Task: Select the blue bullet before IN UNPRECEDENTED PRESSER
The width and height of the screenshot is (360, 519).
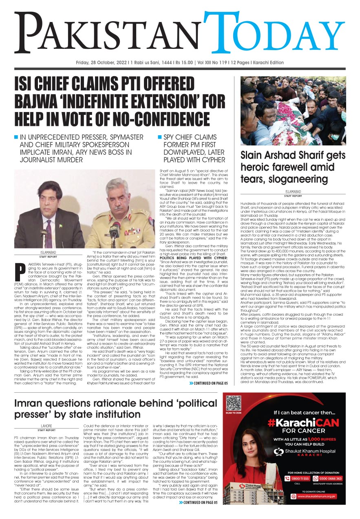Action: click(16, 137)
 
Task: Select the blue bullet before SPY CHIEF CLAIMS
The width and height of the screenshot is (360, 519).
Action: click(160, 137)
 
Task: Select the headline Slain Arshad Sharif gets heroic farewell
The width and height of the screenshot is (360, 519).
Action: click(289, 167)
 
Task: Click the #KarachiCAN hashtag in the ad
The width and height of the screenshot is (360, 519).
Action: click(303, 423)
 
